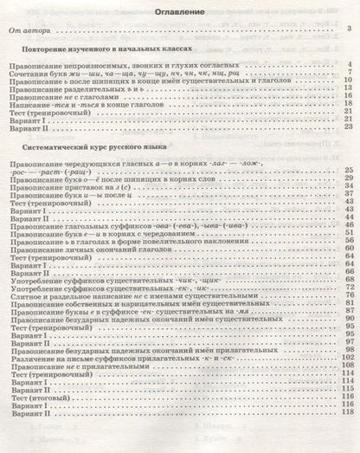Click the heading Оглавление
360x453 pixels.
pyautogui.click(x=181, y=13)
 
